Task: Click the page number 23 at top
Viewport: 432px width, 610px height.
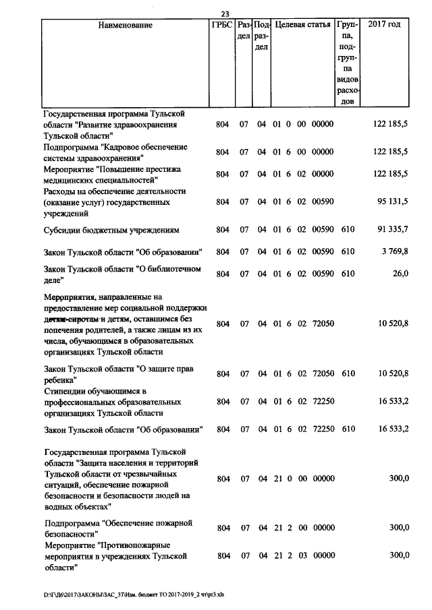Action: (225, 12)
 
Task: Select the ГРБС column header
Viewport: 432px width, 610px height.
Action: (222, 26)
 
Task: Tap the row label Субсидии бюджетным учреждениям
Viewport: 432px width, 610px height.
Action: (111, 230)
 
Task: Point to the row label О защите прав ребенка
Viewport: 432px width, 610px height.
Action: (111, 373)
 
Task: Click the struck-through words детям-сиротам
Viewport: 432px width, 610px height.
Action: (72, 318)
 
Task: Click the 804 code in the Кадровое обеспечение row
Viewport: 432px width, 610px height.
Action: (222, 152)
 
